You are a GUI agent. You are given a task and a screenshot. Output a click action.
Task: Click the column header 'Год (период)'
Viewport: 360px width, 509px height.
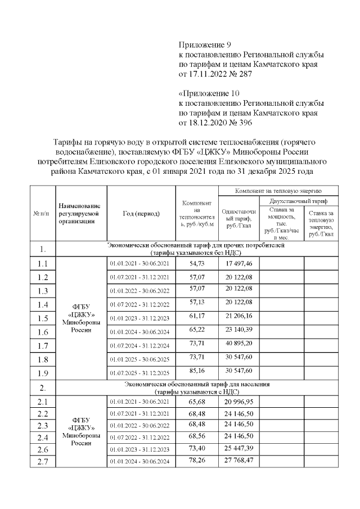coord(141,214)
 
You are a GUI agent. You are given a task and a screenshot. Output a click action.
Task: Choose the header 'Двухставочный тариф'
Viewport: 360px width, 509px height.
coord(299,201)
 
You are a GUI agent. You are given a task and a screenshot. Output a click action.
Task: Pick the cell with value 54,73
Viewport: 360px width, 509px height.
coord(197,263)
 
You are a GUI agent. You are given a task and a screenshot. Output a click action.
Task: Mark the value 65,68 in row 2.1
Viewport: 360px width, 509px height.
coord(197,402)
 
